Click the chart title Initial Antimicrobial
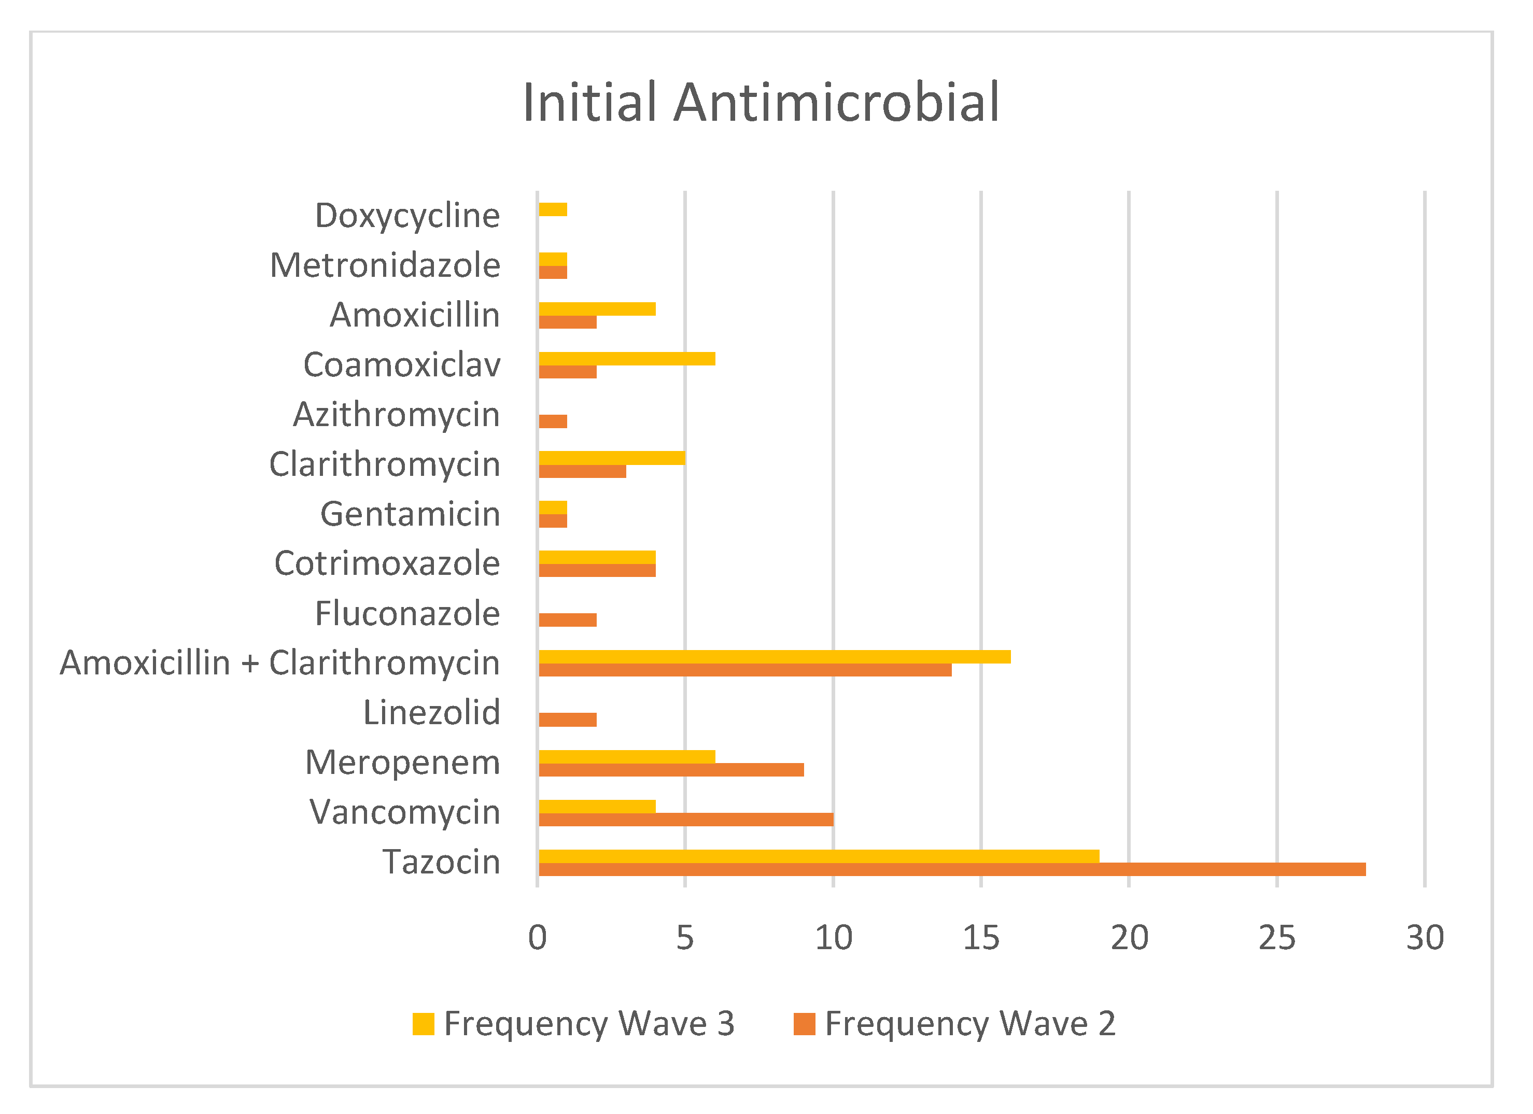point(761,103)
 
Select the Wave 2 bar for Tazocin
point(952,869)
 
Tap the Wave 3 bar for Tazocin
point(819,856)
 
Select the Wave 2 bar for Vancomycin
point(686,819)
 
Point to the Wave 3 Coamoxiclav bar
point(627,359)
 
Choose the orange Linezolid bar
point(568,720)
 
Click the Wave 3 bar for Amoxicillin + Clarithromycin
point(775,657)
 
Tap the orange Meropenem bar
point(671,770)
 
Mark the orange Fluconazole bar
point(568,620)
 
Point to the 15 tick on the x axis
point(981,938)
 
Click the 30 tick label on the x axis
point(1425,938)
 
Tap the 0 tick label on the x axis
point(538,938)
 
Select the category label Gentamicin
point(410,514)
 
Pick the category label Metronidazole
point(385,265)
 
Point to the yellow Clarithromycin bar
point(612,458)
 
